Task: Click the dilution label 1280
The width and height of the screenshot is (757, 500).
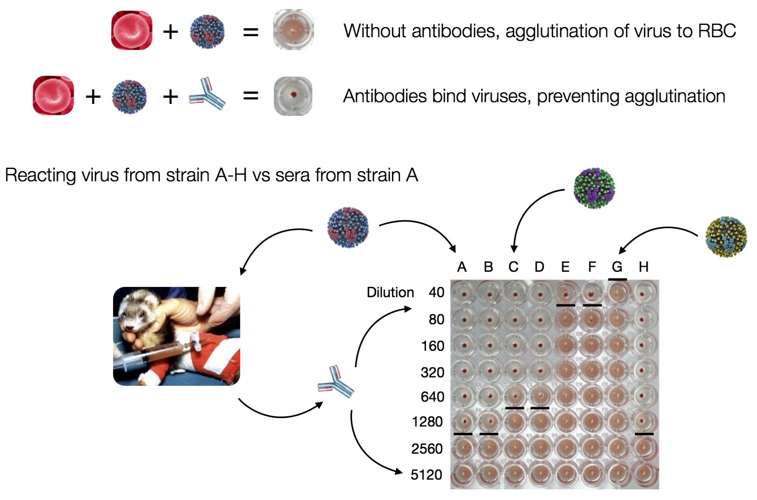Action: (x=427, y=422)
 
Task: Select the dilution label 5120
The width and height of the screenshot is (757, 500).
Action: (x=427, y=475)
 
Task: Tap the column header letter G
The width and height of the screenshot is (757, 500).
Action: (x=617, y=267)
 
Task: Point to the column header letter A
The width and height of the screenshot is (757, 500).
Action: (x=462, y=267)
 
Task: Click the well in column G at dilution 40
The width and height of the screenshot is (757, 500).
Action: (x=617, y=293)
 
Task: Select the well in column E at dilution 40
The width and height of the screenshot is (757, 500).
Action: (x=565, y=293)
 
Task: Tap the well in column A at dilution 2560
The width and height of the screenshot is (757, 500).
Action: (x=463, y=447)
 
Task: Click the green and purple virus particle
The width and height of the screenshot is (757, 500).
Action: (x=594, y=188)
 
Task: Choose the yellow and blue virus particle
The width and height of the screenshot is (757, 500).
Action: (x=726, y=237)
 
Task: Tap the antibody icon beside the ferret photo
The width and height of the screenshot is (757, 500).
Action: (x=336, y=381)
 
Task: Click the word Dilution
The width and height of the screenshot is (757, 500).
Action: (x=390, y=293)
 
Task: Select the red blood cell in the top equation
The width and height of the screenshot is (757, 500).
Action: (x=132, y=30)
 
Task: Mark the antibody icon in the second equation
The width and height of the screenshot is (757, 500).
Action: (x=207, y=94)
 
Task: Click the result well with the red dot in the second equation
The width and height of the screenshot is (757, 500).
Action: (x=293, y=96)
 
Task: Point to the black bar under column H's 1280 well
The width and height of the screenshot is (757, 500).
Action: (x=644, y=434)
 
